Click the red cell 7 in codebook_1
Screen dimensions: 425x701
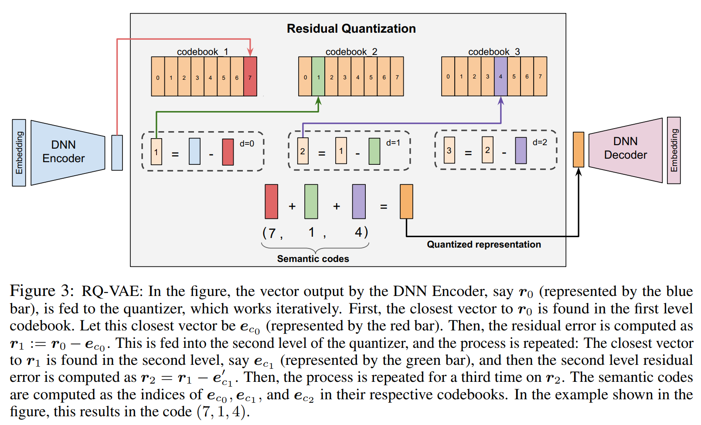pyautogui.click(x=250, y=76)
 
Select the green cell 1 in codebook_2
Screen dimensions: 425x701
pyautogui.click(x=318, y=76)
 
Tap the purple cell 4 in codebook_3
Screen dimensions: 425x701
pyautogui.click(x=500, y=76)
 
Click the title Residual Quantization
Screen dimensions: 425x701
pyautogui.click(x=351, y=29)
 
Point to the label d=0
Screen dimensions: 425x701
pyautogui.click(x=247, y=143)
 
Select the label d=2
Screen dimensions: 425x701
pyautogui.click(x=540, y=143)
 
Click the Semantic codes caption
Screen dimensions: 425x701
pyautogui.click(x=313, y=259)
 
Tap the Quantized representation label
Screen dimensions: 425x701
pyautogui.click(x=483, y=245)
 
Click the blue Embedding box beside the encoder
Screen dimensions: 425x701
pyautogui.click(x=19, y=153)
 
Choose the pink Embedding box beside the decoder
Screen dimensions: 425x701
pyautogui.click(x=674, y=150)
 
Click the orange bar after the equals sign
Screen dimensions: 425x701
pyautogui.click(x=406, y=201)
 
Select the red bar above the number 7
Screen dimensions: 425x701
pyautogui.click(x=271, y=201)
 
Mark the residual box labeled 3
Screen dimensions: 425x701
pyautogui.click(x=449, y=150)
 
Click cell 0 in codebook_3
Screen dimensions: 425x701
pyautogui.click(x=448, y=76)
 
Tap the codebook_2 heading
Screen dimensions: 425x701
pyautogui.click(x=351, y=52)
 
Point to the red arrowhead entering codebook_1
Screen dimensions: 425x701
pyautogui.click(x=250, y=52)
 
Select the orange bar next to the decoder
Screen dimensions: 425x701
pyautogui.click(x=578, y=150)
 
